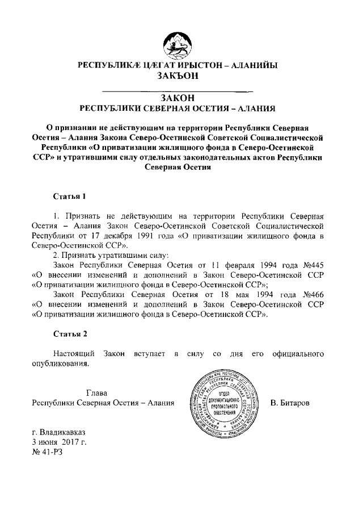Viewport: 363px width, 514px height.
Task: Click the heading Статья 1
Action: click(x=69, y=197)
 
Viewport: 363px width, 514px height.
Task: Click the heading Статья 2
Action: click(x=69, y=333)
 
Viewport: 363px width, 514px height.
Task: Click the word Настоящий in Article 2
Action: click(x=73, y=354)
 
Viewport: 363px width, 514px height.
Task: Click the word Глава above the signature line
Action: click(x=96, y=393)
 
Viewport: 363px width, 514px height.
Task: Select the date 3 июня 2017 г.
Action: click(x=58, y=441)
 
